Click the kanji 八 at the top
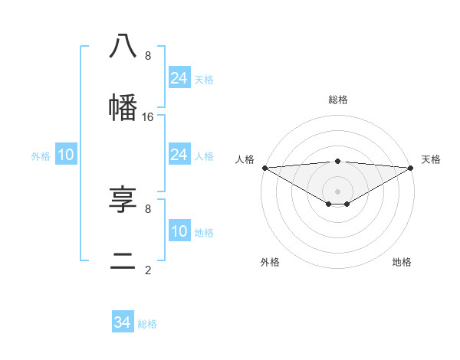123,46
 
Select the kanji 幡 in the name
123,106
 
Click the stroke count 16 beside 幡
148,117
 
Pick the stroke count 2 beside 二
148,270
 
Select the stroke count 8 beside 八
148,56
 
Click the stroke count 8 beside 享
148,208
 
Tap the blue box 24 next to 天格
179,78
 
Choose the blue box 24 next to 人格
179,155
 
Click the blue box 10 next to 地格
179,231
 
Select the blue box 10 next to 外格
66,155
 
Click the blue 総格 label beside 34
147,324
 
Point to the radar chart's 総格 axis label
337,100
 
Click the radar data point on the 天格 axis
411,167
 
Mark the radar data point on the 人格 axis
264,167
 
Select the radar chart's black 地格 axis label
402,262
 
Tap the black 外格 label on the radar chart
270,262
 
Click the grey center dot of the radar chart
337,191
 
